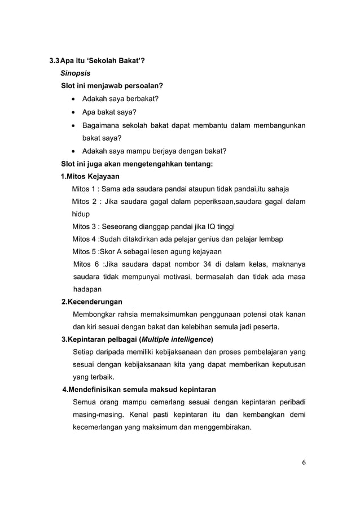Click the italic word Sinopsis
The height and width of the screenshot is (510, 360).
pos(76,73)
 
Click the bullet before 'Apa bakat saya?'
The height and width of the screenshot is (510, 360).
pos(74,111)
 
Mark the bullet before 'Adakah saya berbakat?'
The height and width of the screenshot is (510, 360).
pos(74,98)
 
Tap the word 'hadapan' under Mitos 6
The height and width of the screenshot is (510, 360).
pos(87,289)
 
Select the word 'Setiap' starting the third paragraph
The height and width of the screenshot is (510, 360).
pos(83,352)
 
